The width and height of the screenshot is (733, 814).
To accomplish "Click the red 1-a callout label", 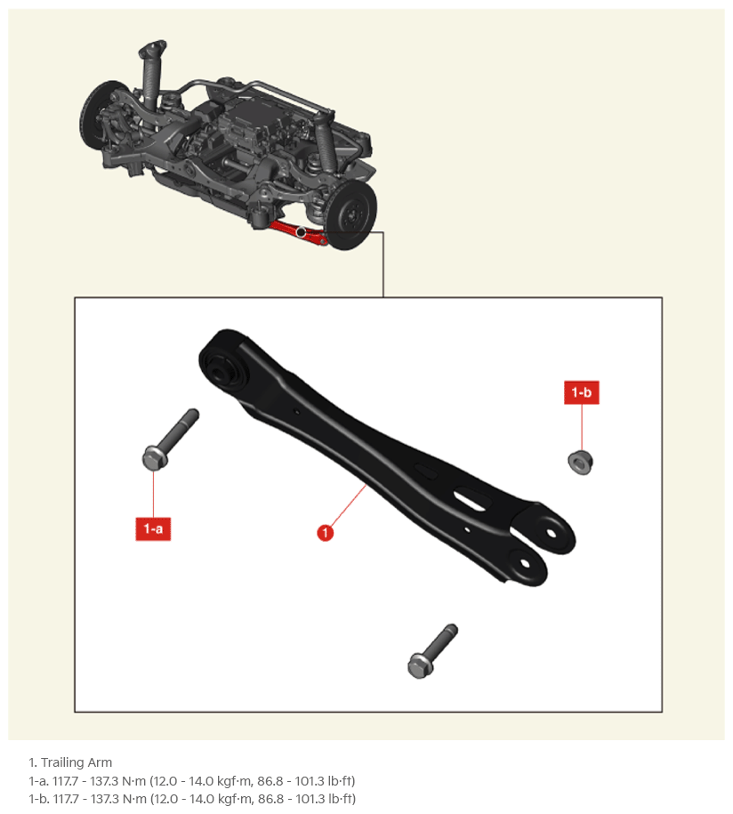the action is (153, 528).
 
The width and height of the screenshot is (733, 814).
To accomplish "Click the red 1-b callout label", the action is (582, 392).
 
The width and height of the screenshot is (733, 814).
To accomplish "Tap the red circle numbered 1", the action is (326, 533).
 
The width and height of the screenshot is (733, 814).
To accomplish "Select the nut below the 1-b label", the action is (580, 463).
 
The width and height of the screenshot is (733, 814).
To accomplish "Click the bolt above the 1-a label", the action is (170, 439).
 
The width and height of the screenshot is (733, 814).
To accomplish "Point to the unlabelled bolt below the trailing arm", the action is (432, 651).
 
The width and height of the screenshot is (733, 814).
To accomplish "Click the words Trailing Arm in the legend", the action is (77, 762).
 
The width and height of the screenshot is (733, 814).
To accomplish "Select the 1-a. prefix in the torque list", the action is (38, 781).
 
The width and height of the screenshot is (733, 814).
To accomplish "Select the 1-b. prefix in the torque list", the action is (38, 798).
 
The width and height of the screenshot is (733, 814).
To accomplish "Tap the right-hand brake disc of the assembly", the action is (350, 215).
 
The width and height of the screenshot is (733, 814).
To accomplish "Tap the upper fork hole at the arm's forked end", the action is (551, 533).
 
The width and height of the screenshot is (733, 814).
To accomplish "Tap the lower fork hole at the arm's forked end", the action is (524, 564).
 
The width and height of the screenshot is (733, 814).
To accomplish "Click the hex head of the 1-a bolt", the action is (154, 458).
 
